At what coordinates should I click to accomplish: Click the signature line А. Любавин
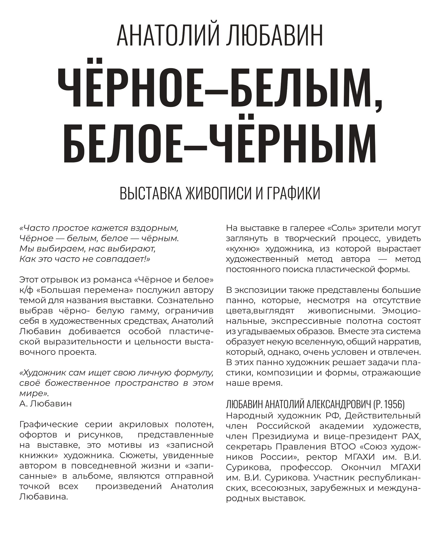point(45,404)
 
